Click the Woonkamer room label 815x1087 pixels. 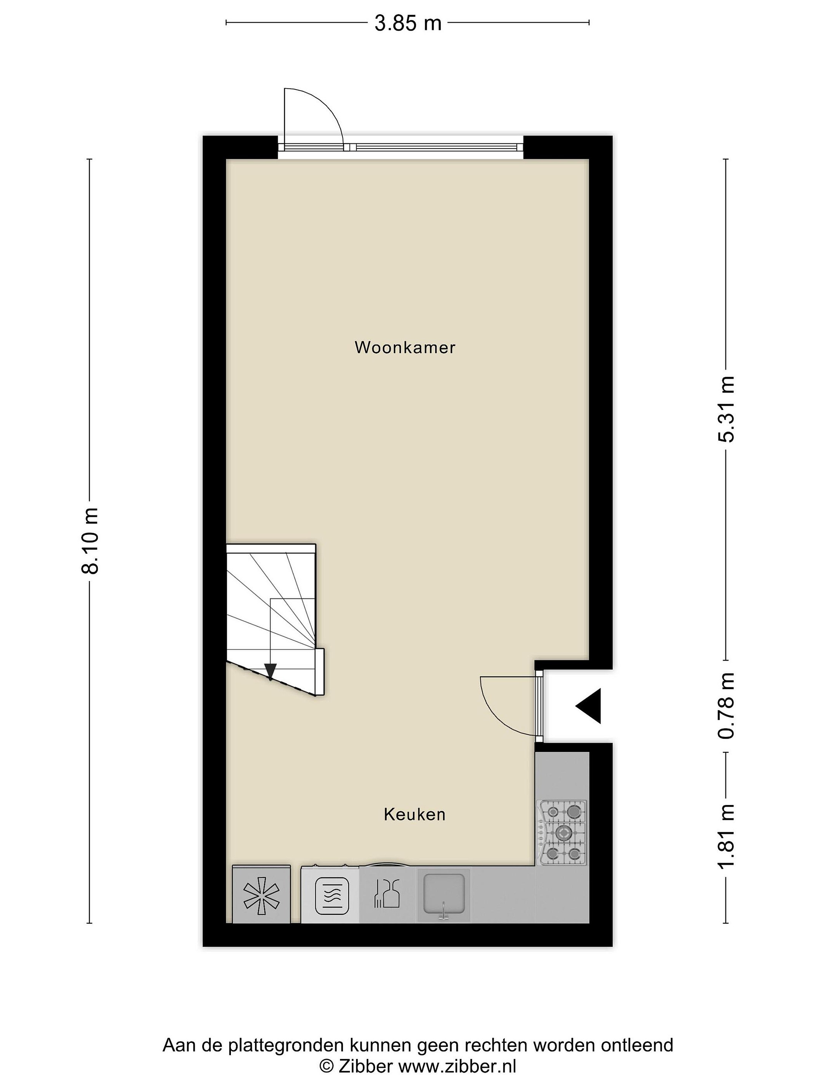coord(405,348)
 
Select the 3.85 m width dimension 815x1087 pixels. coord(408,23)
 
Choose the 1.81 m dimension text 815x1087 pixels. coord(726,836)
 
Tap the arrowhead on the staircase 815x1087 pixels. coord(270,672)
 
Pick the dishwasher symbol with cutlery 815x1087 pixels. coord(388,893)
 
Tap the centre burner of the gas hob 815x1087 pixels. coord(563,832)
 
